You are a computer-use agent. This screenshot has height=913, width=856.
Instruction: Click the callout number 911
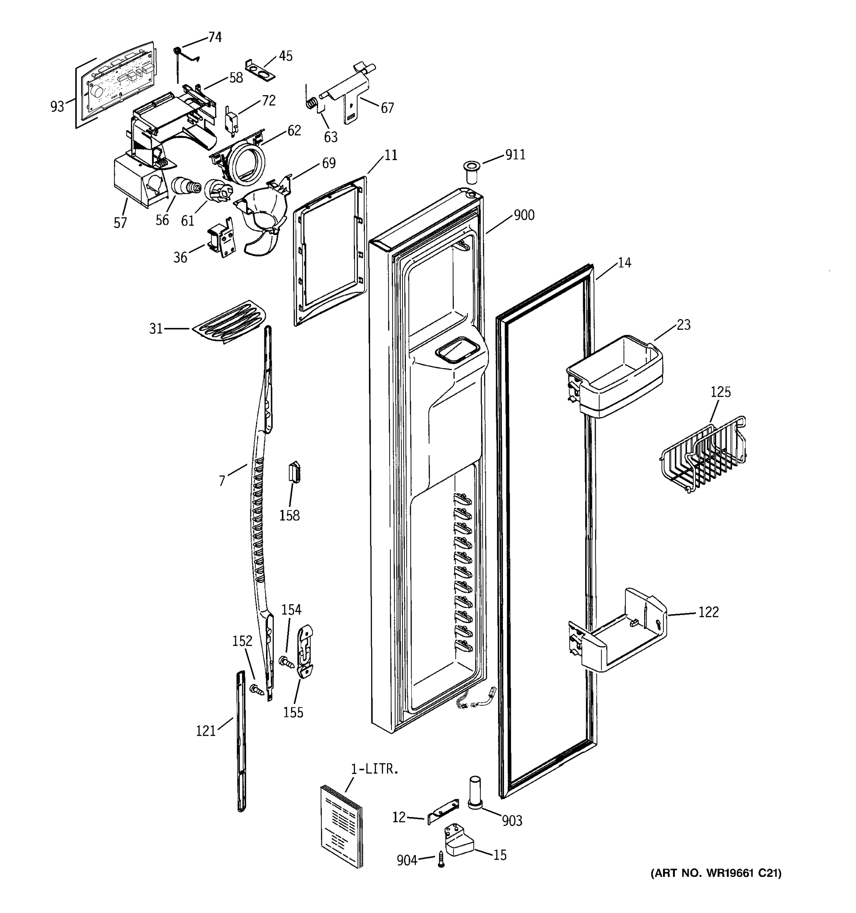pos(515,155)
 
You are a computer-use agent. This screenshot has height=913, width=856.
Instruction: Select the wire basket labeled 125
pos(702,454)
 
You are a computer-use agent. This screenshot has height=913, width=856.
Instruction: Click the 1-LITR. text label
pos(374,769)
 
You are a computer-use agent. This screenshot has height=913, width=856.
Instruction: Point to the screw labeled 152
pos(255,689)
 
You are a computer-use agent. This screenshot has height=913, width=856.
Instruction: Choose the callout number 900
pos(523,215)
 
